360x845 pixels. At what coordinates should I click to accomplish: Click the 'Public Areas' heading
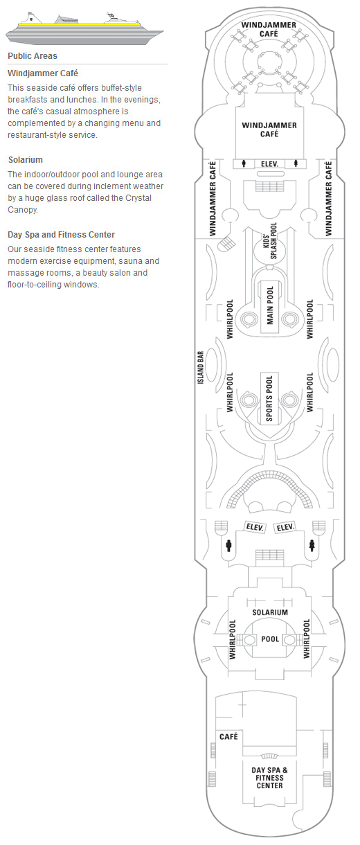(33, 56)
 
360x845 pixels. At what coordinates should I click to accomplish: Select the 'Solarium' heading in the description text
(25, 160)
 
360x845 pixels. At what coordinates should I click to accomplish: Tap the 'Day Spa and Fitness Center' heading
(61, 235)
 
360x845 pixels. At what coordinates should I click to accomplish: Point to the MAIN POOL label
(270, 305)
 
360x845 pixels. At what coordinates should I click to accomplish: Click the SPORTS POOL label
(269, 398)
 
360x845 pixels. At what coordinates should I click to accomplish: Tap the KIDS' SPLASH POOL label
(270, 240)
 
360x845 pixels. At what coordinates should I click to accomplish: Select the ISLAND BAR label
(201, 368)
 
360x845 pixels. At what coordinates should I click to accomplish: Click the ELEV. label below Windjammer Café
(269, 164)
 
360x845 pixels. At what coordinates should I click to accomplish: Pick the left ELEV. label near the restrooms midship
(255, 527)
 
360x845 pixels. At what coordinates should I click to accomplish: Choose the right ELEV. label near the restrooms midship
(285, 527)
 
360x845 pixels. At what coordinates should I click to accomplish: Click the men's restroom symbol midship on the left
(228, 546)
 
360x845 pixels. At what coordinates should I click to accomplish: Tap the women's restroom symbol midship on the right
(312, 546)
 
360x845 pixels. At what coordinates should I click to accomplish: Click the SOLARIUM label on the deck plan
(270, 612)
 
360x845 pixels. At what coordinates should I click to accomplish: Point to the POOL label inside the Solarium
(270, 639)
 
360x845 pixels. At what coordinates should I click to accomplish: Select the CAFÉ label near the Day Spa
(228, 736)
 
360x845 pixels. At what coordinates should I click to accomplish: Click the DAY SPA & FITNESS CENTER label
(269, 778)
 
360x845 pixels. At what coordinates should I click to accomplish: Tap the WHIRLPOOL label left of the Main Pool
(230, 319)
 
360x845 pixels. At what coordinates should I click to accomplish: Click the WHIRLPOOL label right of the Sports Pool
(310, 392)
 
